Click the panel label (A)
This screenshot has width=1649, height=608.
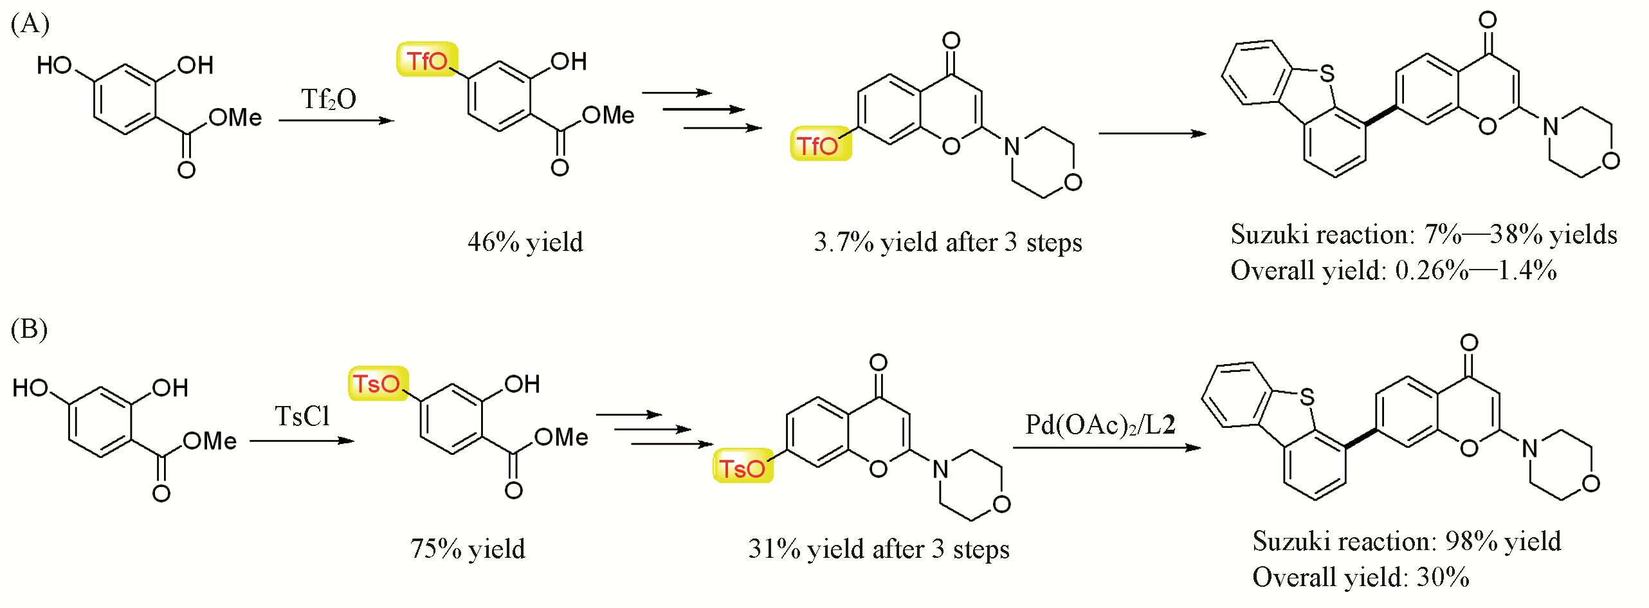(30, 24)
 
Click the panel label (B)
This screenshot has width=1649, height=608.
(29, 329)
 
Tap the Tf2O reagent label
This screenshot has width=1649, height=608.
(329, 99)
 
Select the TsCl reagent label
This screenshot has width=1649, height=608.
(302, 416)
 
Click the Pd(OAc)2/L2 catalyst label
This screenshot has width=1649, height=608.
(1100, 425)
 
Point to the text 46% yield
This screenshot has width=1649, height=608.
(525, 242)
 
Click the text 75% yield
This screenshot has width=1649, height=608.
(468, 549)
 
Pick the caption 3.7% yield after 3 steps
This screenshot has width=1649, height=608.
(948, 242)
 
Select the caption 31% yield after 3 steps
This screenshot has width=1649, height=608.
(879, 549)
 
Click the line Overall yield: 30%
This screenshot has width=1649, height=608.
(1361, 576)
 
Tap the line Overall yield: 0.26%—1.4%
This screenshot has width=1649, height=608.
(1394, 270)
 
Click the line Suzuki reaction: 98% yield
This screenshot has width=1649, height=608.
(1407, 541)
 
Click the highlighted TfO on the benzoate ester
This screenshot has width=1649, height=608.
(427, 60)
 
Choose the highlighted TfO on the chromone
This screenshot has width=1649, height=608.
(820, 144)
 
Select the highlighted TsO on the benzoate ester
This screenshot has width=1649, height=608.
(378, 384)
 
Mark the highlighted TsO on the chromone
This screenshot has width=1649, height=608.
(743, 466)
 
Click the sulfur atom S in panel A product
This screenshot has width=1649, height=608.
(1327, 73)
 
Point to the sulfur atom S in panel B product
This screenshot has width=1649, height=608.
(1307, 396)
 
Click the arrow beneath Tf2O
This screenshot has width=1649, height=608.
(336, 120)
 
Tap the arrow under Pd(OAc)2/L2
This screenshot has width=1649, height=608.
(1107, 448)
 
